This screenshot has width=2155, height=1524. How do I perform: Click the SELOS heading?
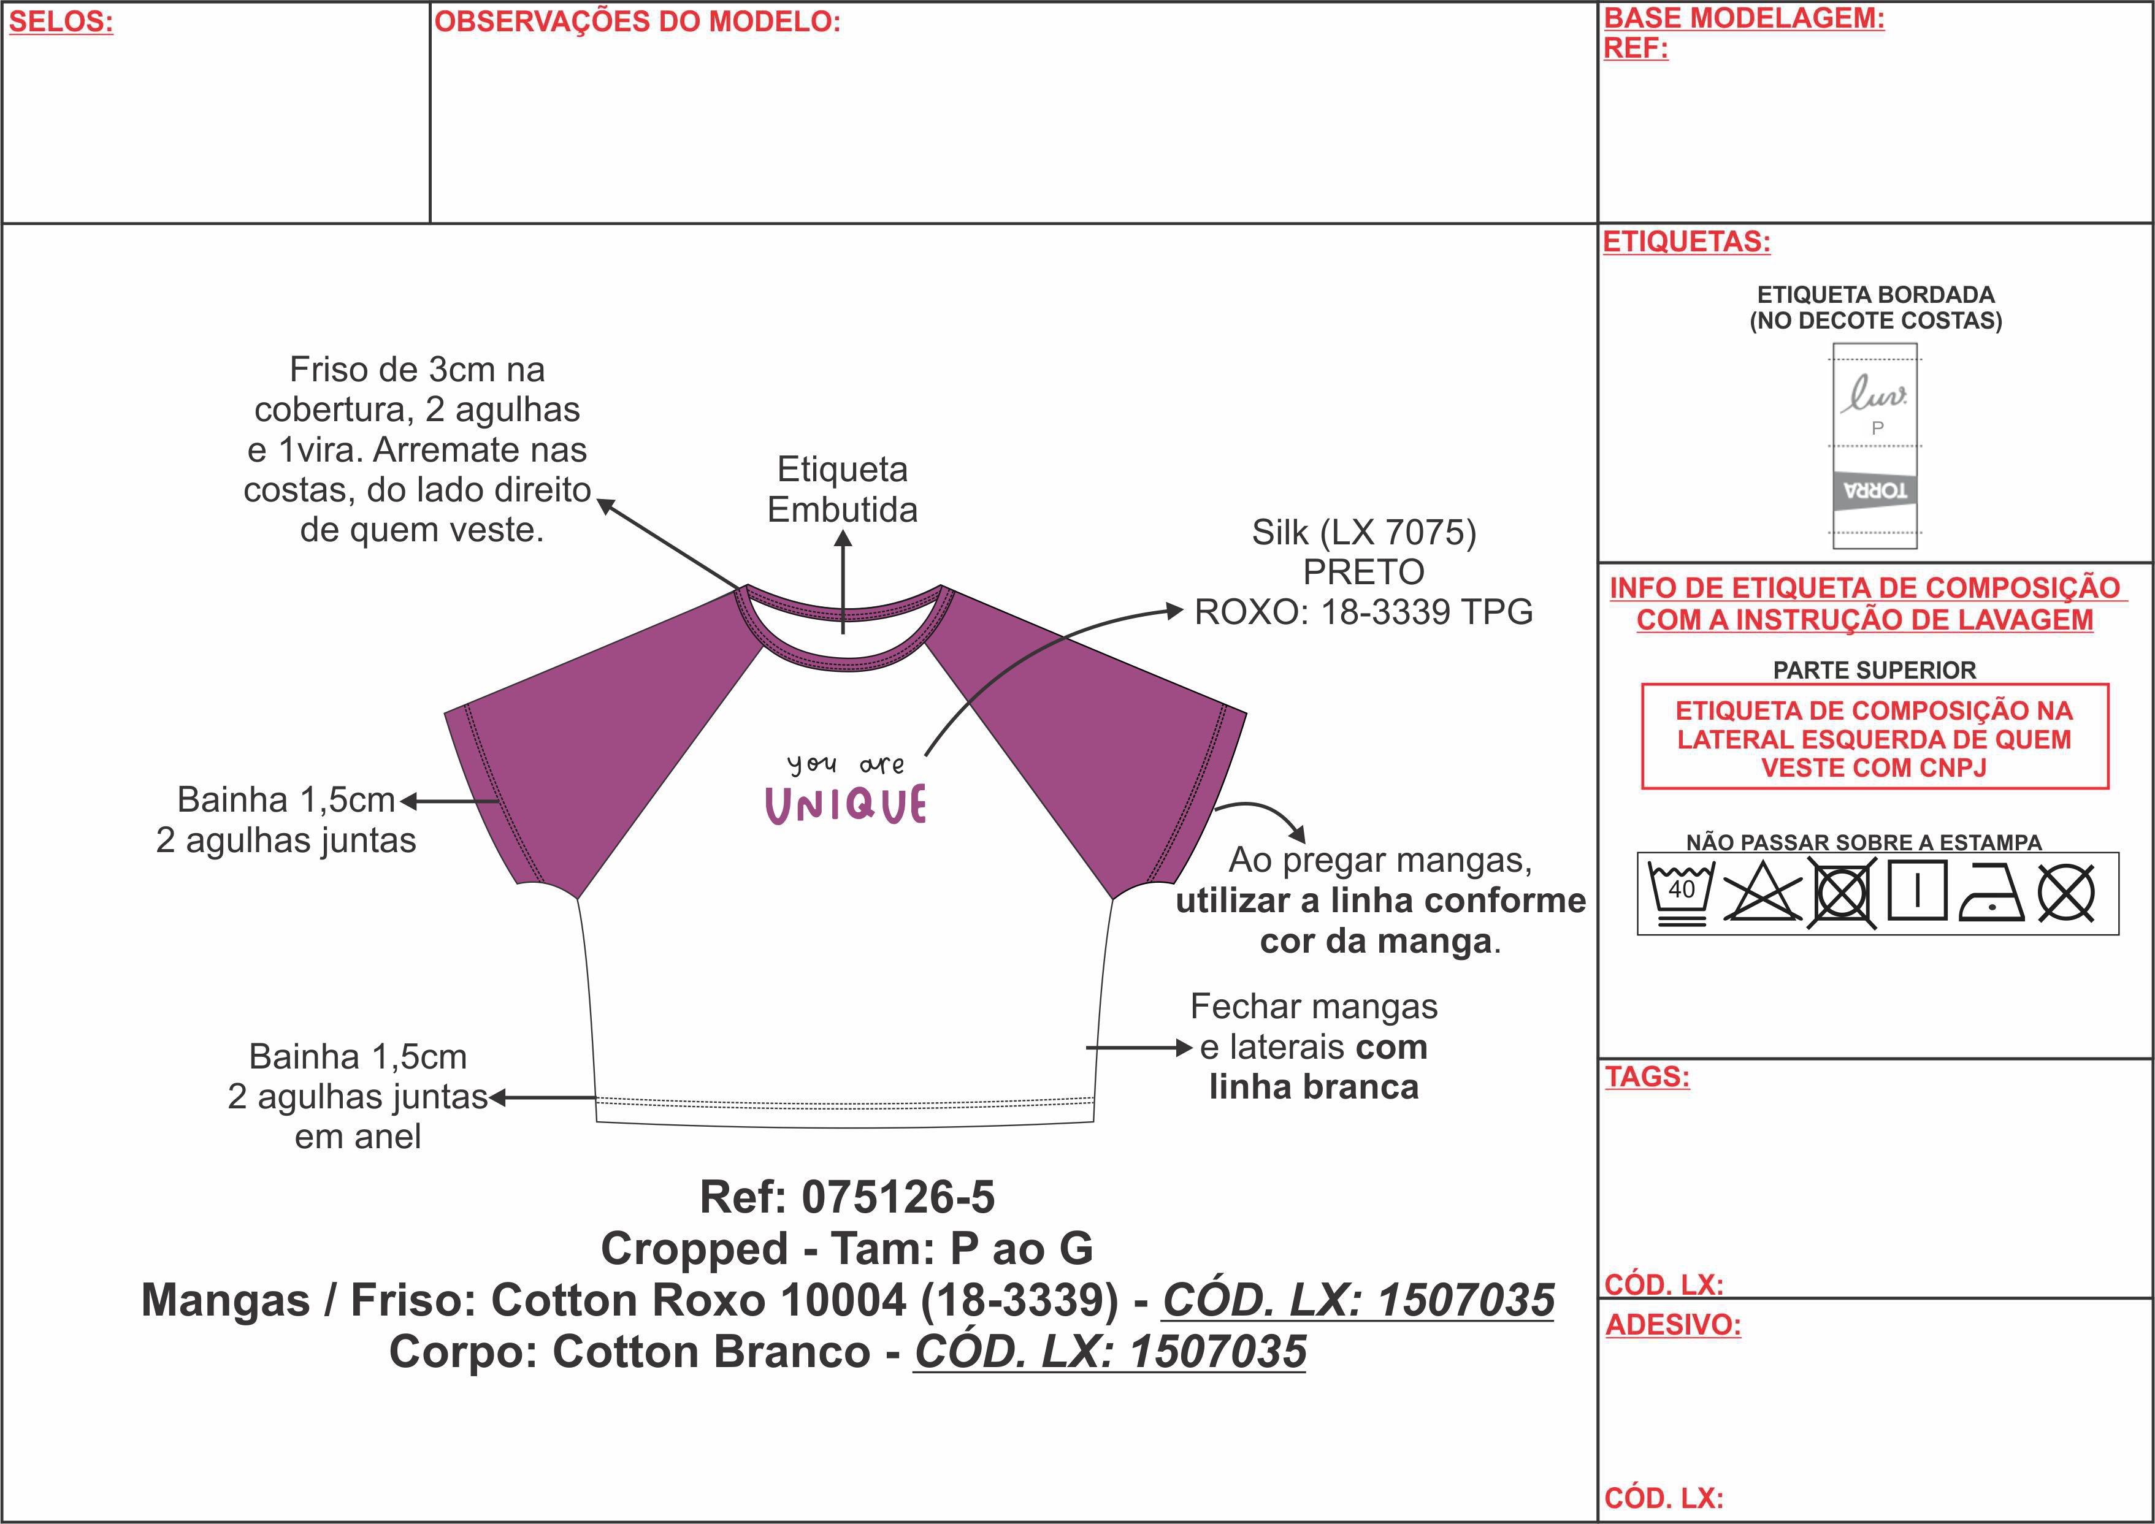61,21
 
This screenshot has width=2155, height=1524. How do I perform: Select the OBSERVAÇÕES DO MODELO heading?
637,21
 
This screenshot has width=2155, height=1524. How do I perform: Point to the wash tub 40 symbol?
1681,893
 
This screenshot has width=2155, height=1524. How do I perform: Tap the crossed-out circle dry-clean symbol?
2066,893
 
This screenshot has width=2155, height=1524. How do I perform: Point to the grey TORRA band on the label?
1874,490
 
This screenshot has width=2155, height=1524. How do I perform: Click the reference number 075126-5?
898,1197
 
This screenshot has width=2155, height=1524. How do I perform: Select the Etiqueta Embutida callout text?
843,489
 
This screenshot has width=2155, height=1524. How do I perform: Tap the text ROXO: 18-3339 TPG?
1364,612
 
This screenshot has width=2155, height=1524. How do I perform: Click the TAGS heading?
1647,1076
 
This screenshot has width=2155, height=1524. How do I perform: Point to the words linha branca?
1314,1087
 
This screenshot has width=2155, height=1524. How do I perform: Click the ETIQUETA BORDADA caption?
1875,295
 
